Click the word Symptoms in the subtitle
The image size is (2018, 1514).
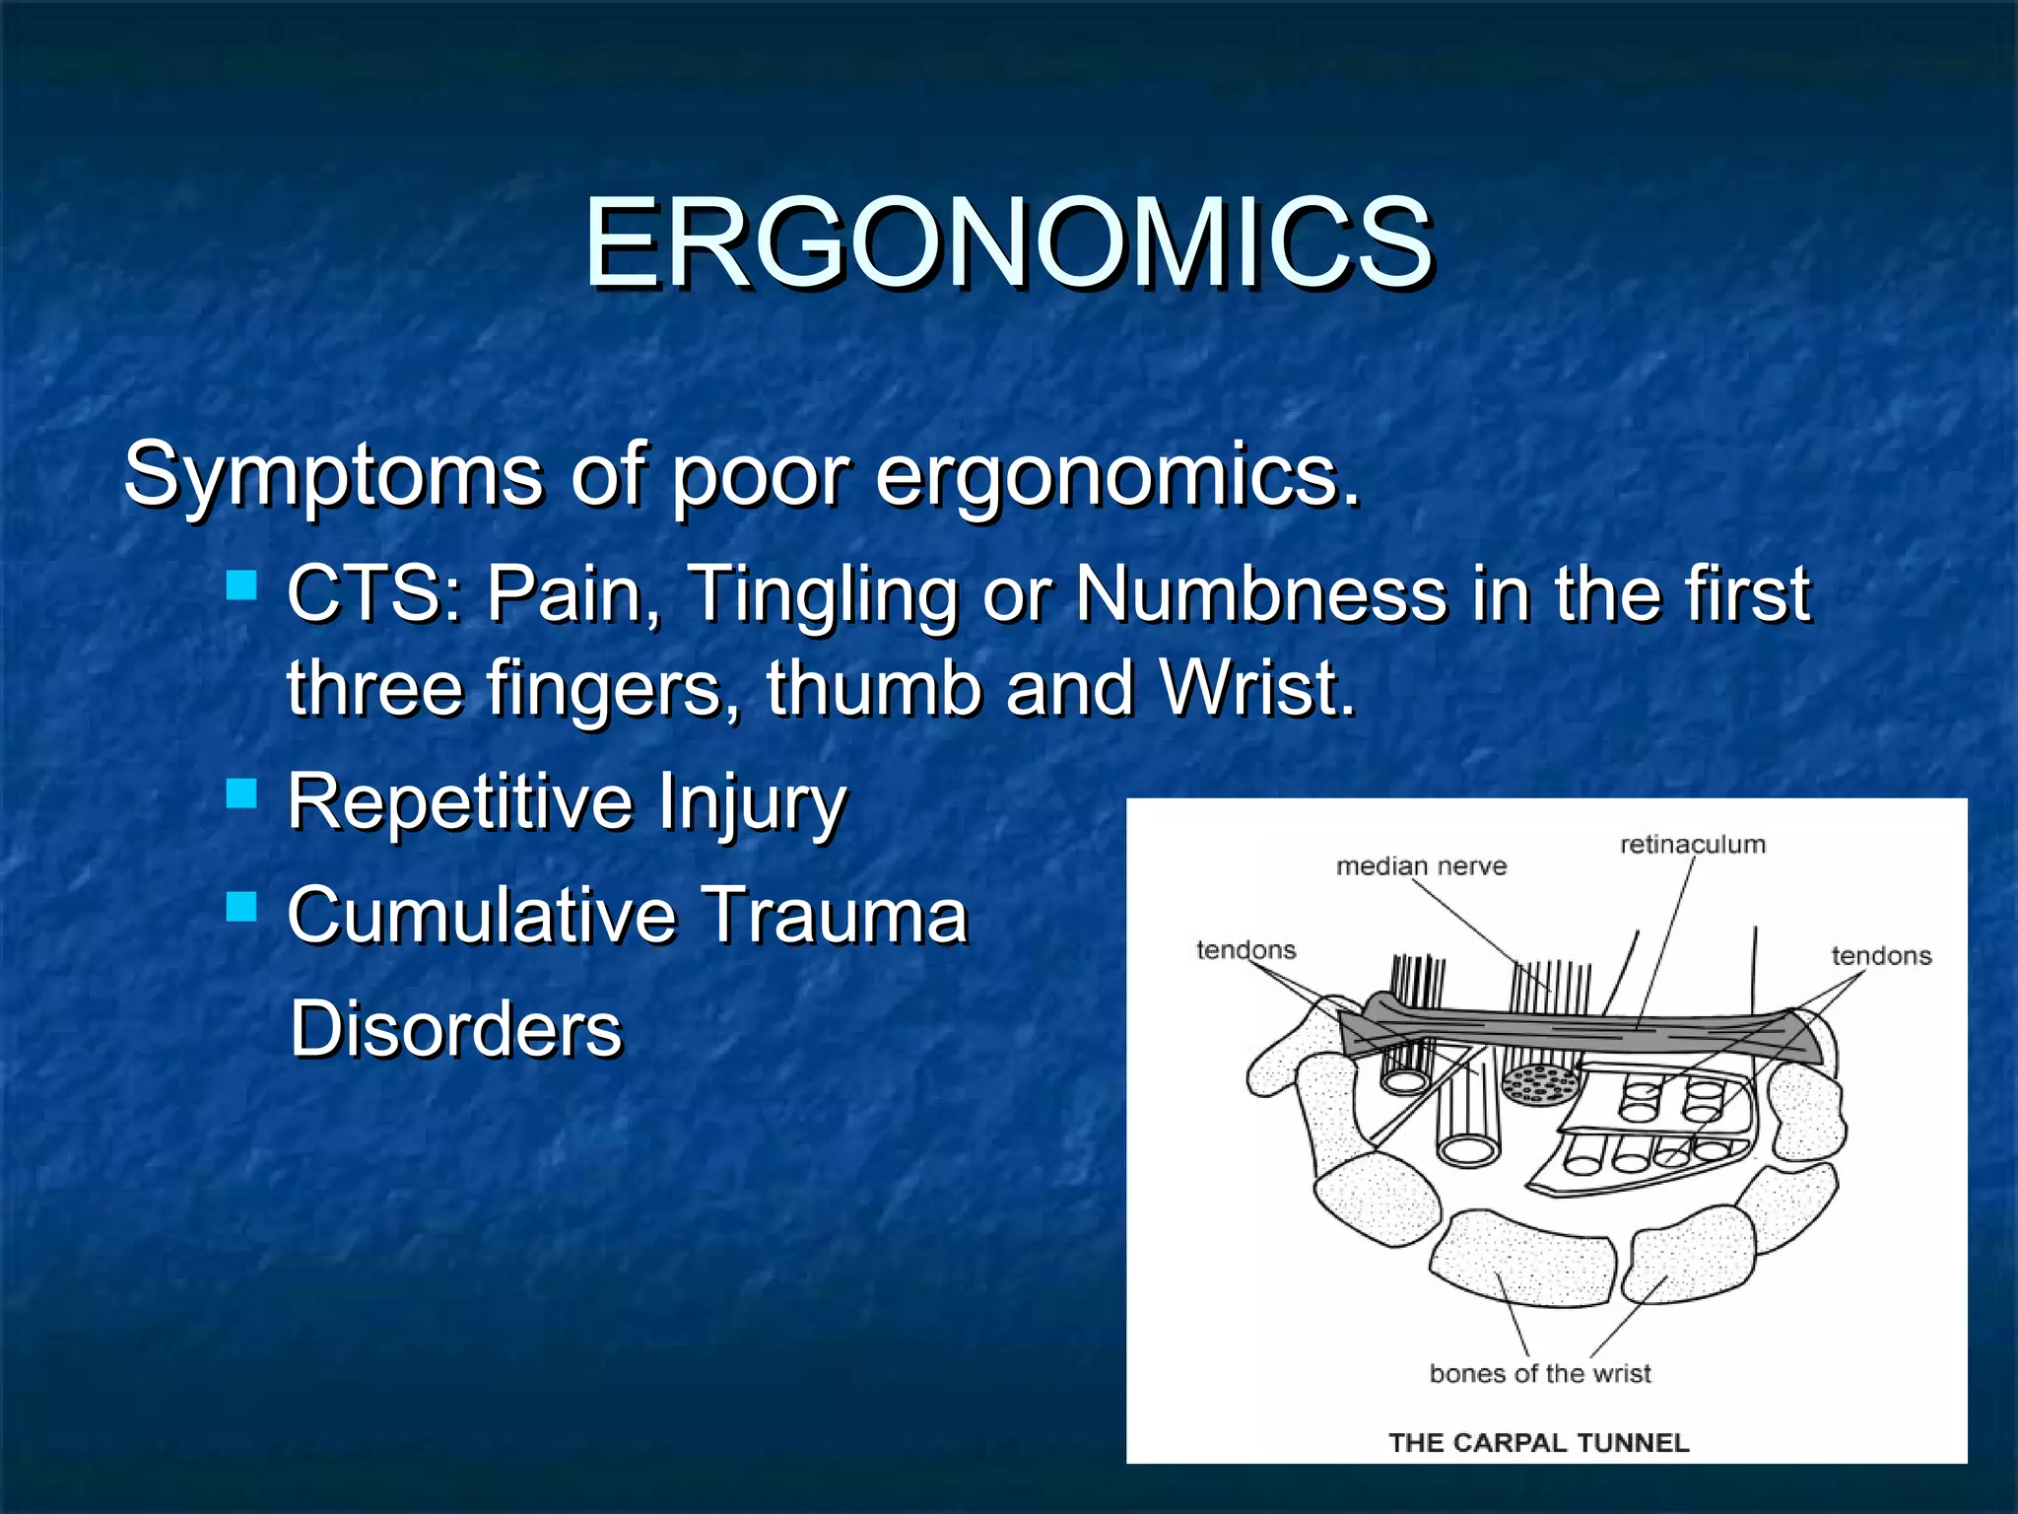(333, 475)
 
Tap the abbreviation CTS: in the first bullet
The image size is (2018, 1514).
(374, 594)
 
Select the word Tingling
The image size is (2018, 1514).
(823, 596)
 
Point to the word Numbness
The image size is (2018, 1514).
(1260, 594)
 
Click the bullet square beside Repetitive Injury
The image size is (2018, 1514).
(241, 792)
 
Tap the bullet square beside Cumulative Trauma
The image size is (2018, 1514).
(241, 906)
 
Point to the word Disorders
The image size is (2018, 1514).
(456, 1029)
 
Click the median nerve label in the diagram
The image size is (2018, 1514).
(1421, 866)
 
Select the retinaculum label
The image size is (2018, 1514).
(1692, 845)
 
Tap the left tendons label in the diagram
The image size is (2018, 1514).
(1245, 950)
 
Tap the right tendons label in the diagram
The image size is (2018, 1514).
(1880, 956)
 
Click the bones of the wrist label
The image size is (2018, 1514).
(1539, 1373)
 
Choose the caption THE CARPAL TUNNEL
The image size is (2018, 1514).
(1538, 1443)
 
